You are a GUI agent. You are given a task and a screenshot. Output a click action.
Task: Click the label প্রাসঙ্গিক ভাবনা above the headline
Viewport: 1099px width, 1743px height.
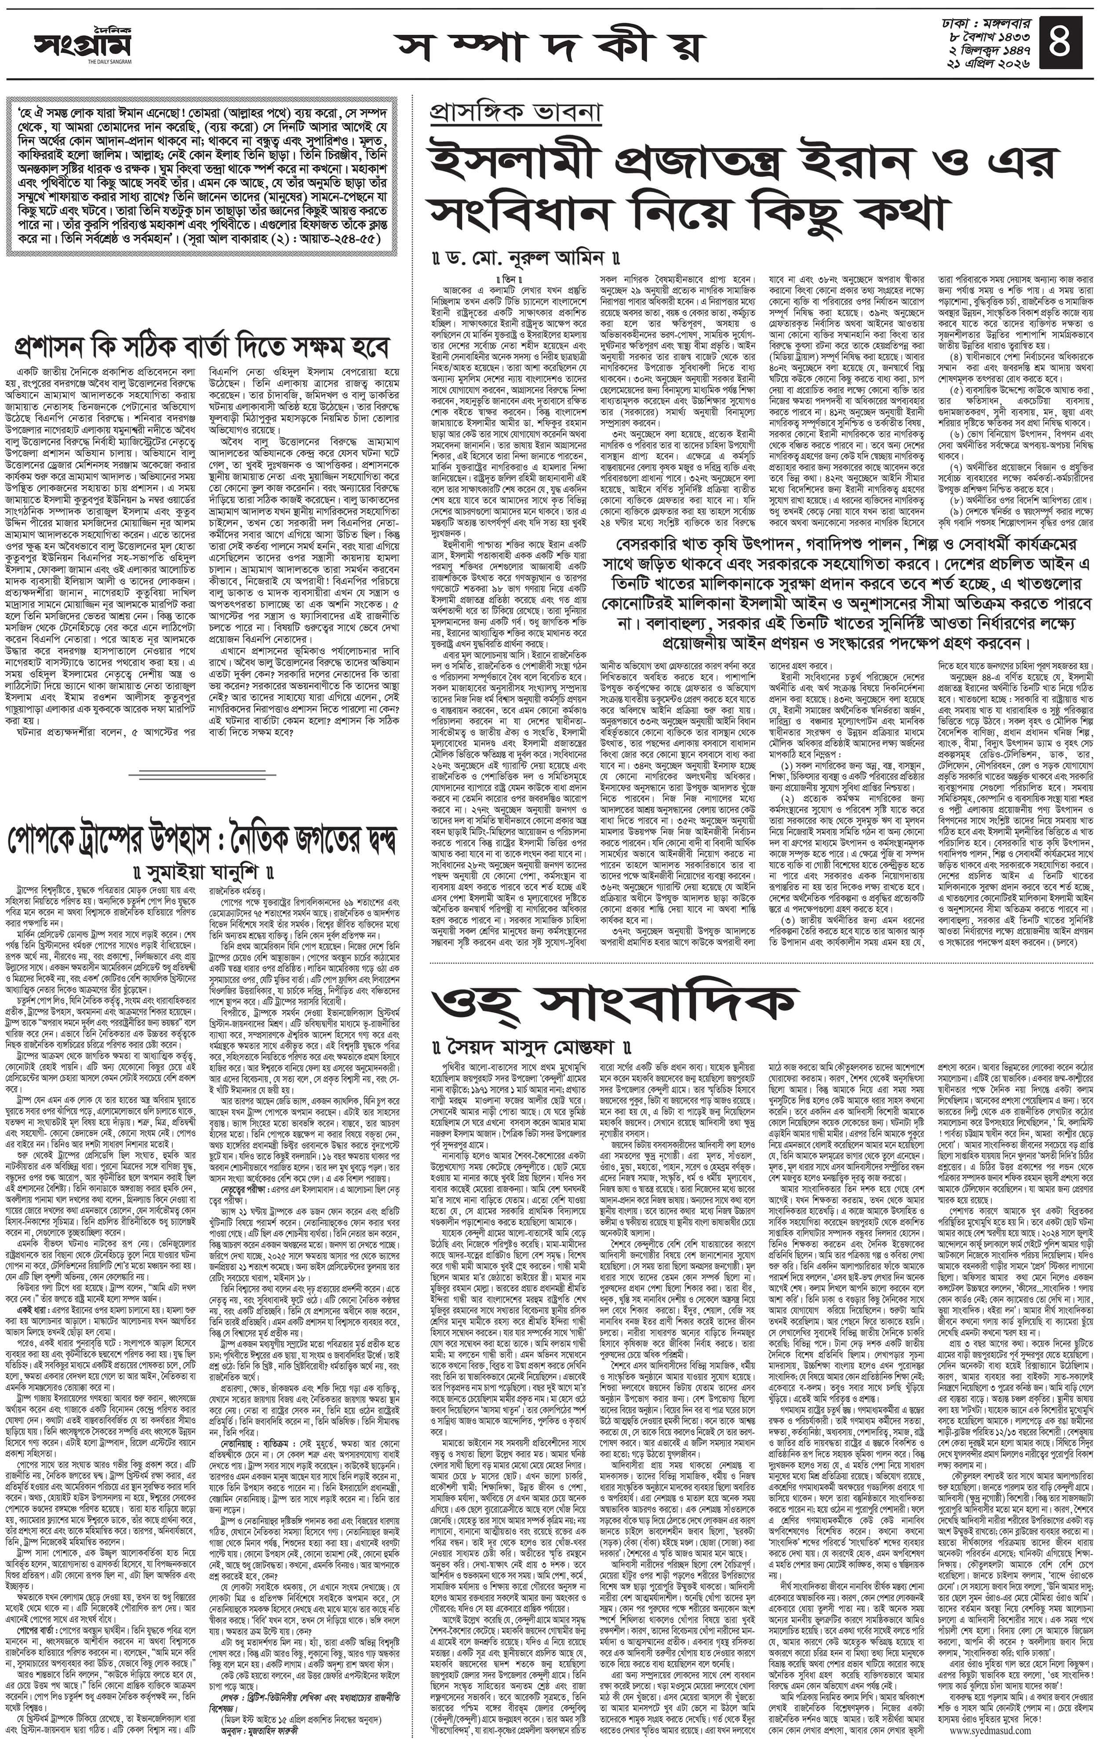click(x=515, y=113)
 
